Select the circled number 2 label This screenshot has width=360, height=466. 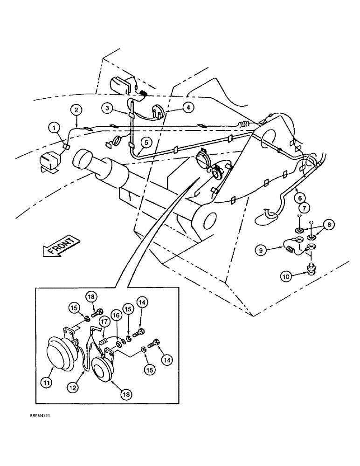(x=76, y=110)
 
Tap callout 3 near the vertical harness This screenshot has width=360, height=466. (x=108, y=108)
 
